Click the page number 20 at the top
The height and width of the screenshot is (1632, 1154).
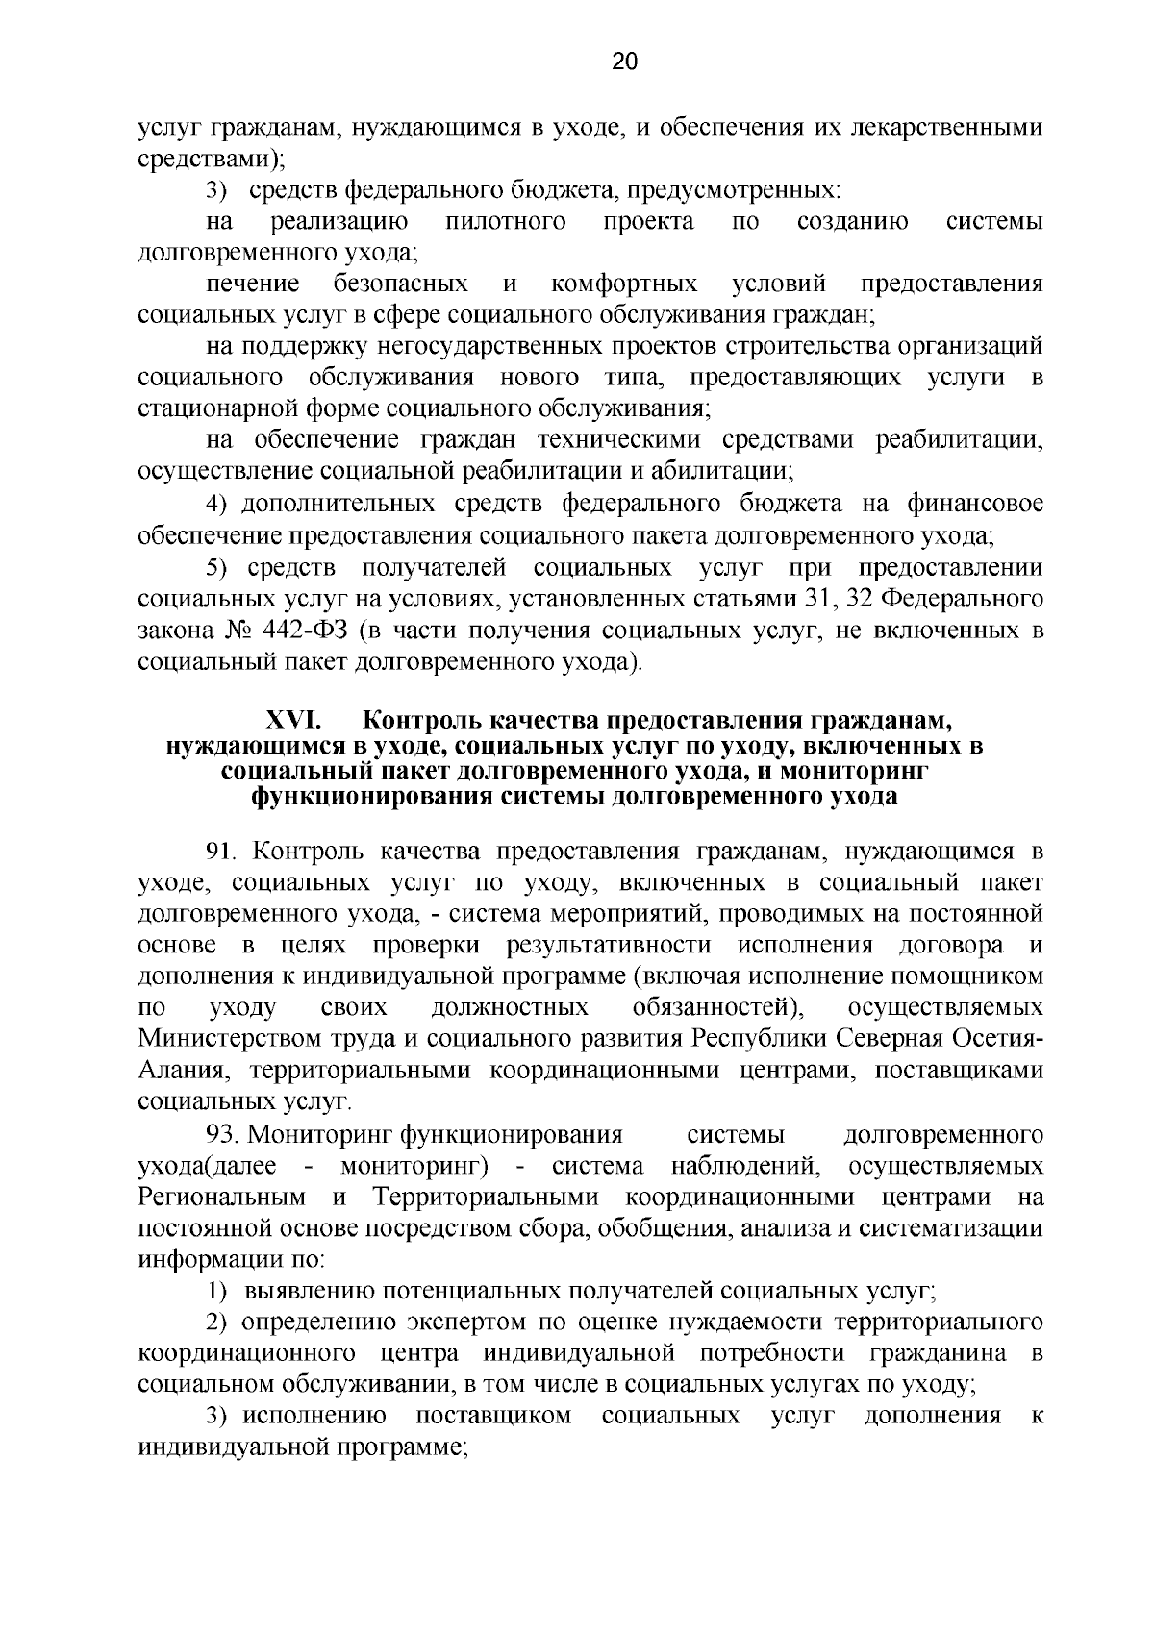point(624,62)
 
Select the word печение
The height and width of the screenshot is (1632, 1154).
point(253,284)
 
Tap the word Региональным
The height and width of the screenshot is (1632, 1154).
point(222,1198)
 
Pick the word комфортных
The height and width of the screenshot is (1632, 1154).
point(625,284)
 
